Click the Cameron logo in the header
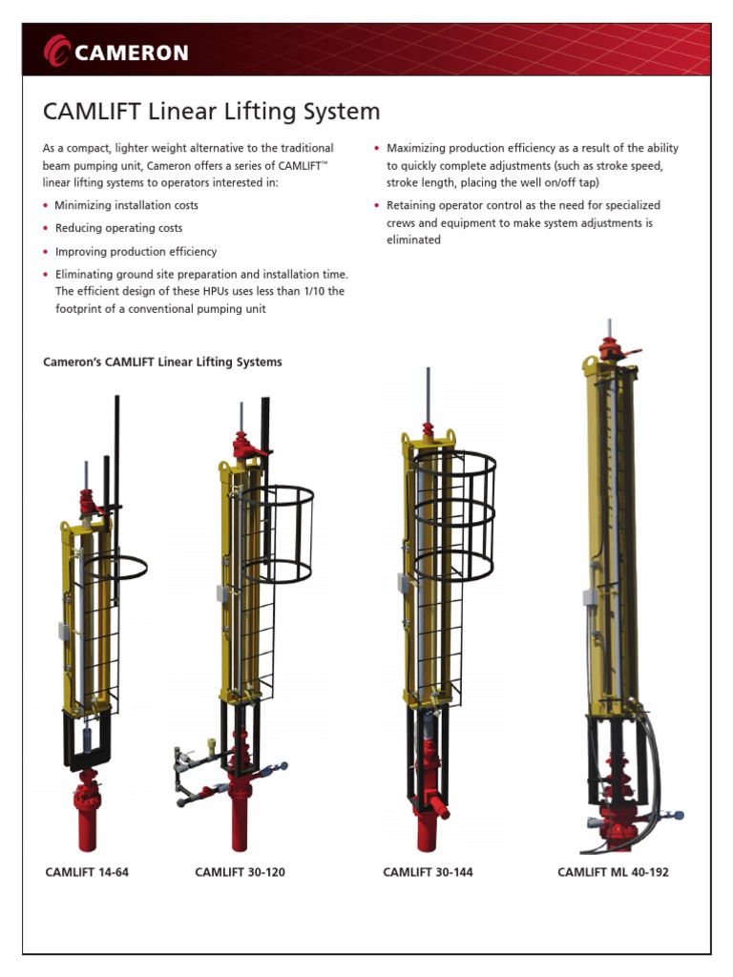tap(116, 52)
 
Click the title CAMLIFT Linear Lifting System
tap(211, 112)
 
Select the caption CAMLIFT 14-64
tap(87, 872)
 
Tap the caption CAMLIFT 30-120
tap(240, 872)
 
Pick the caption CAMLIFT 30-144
tap(428, 872)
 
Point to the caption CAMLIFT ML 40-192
tap(613, 872)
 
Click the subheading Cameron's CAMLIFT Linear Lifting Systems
tap(162, 363)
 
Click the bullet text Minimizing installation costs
tap(126, 205)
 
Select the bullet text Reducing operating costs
tap(118, 228)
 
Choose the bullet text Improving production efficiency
tap(136, 252)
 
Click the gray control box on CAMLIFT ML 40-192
tap(592, 598)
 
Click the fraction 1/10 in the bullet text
tap(325, 291)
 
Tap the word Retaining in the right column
tap(410, 205)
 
